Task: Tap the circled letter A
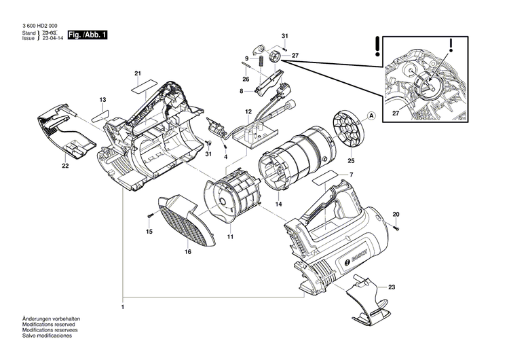pyautogui.click(x=371, y=115)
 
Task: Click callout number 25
pyautogui.click(x=352, y=161)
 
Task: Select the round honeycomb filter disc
pyautogui.click(x=348, y=128)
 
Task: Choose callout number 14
pyautogui.click(x=279, y=204)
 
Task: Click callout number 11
pyautogui.click(x=231, y=236)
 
